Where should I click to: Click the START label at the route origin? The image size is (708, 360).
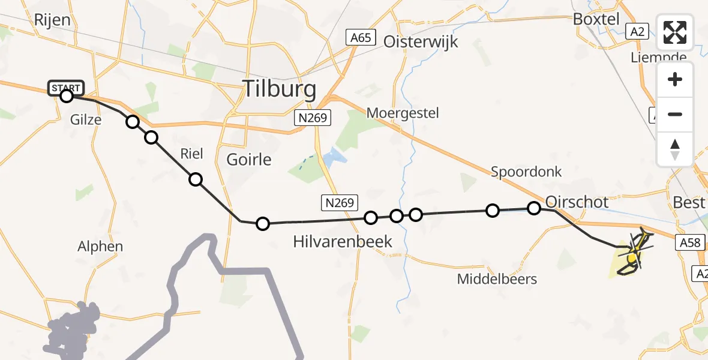[65, 88]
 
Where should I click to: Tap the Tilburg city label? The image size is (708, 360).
[279, 89]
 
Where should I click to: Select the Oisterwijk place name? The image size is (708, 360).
[421, 41]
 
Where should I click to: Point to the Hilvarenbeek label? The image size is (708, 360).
[343, 242]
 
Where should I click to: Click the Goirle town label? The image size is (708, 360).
[249, 160]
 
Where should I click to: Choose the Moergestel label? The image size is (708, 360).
[403, 113]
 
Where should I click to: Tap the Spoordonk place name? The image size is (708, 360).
[526, 172]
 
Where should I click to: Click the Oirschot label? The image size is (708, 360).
[577, 202]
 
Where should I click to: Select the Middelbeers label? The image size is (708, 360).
[497, 279]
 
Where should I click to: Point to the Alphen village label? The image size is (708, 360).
[100, 246]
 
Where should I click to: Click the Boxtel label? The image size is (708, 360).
[596, 19]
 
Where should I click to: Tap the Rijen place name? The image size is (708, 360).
[52, 20]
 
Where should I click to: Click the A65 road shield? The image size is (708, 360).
[361, 38]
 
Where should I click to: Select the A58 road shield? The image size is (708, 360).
[689, 242]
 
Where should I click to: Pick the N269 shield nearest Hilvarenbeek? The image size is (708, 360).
[340, 203]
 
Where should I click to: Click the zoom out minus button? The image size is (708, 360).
[675, 114]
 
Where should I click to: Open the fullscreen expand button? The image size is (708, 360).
[675, 32]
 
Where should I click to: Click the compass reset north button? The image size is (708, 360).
[675, 149]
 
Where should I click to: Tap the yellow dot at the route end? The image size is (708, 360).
[631, 258]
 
